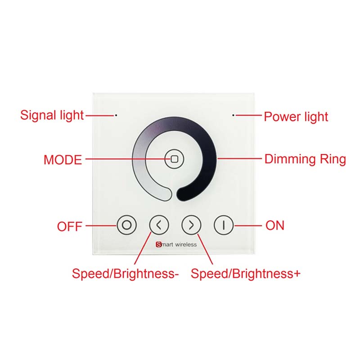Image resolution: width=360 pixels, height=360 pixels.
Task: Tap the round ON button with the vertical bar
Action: [224, 225]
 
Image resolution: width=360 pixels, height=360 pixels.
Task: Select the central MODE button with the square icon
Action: [174, 159]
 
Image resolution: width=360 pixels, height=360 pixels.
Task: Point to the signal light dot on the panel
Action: [116, 115]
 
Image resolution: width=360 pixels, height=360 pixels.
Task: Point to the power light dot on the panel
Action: [233, 115]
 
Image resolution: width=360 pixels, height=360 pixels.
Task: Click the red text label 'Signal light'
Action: [52, 115]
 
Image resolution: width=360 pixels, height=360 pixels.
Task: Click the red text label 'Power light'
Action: [296, 117]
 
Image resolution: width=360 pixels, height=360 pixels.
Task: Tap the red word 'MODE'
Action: [63, 160]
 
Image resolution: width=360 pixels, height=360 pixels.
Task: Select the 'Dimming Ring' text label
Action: [305, 159]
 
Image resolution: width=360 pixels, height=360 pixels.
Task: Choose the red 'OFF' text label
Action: [70, 226]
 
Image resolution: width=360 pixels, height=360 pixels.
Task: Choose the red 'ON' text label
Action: [275, 225]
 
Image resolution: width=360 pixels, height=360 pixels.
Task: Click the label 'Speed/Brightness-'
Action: [125, 274]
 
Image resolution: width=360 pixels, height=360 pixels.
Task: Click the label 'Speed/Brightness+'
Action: [245, 274]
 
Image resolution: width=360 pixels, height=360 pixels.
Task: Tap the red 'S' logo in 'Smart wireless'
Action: [158, 244]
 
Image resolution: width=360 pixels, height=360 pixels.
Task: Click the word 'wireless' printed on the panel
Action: [186, 245]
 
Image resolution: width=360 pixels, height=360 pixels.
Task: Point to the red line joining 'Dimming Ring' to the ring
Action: [239, 158]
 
